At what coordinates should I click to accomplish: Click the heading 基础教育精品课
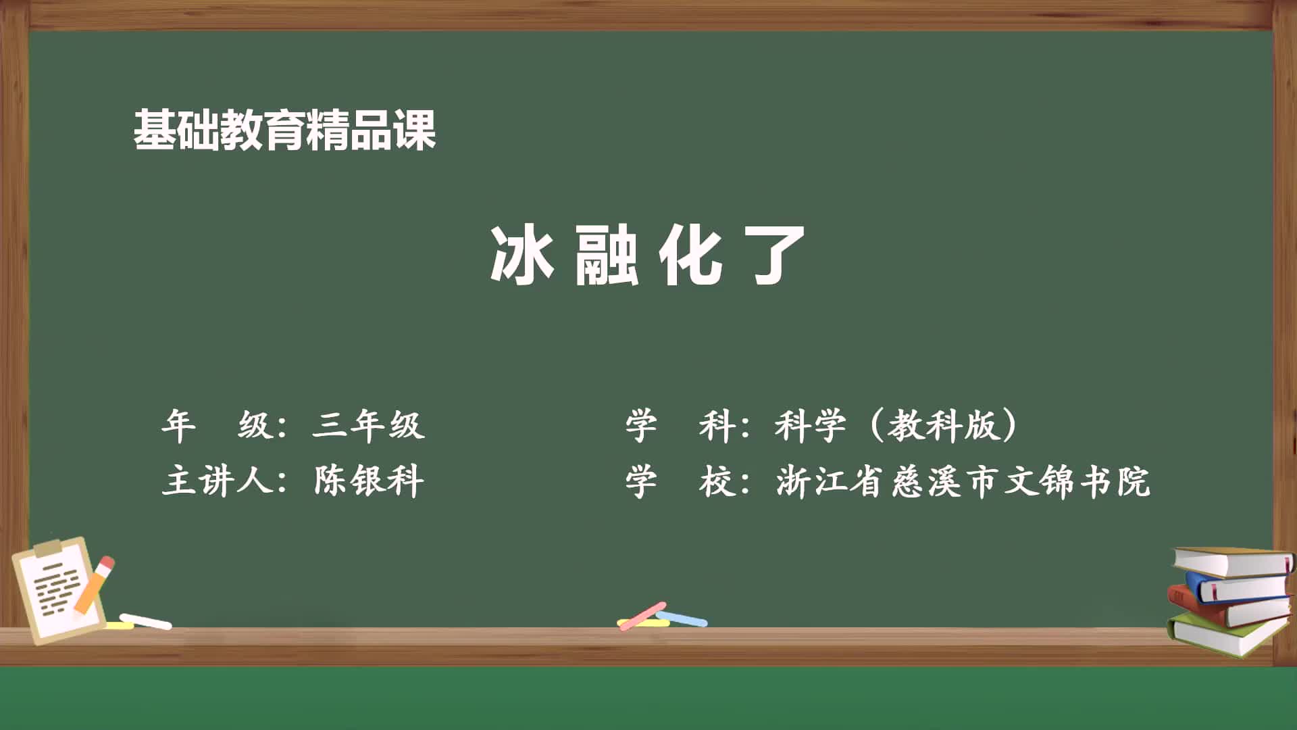click(284, 130)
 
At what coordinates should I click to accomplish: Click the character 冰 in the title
click(522, 255)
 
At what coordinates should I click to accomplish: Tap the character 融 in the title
click(606, 256)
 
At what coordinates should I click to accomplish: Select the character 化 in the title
click(690, 255)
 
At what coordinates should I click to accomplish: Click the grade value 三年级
click(369, 426)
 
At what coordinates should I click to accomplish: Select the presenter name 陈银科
click(369, 481)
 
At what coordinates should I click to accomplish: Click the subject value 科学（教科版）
click(896, 426)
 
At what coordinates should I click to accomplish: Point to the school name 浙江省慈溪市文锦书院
click(963, 482)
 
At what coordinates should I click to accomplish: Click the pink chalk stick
click(642, 615)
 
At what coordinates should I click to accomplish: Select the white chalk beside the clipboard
click(146, 620)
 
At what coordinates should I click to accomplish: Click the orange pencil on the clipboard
click(95, 585)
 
